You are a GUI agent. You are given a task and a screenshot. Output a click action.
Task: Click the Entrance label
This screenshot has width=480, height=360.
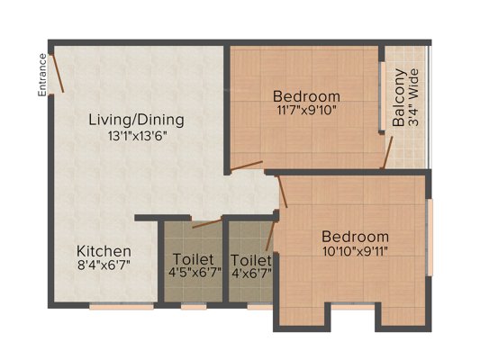tap(42, 76)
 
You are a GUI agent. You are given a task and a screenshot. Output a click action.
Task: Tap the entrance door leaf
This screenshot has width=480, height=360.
tap(57, 73)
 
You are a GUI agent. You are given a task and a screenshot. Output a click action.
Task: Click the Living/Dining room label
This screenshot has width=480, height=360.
tap(137, 120)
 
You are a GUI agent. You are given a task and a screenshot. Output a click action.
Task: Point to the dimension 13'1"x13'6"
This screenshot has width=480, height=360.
tap(137, 136)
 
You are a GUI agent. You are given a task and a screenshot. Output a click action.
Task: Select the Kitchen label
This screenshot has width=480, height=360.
tap(104, 251)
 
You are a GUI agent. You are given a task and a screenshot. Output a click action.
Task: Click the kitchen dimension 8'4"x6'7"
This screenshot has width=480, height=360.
tap(104, 265)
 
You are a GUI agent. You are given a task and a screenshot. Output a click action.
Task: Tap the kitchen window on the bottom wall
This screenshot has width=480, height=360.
tap(122, 306)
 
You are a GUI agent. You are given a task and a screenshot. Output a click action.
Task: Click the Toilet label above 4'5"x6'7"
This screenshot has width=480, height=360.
tap(194, 259)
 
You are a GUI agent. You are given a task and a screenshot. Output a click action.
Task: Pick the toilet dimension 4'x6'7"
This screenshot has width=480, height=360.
tap(251, 273)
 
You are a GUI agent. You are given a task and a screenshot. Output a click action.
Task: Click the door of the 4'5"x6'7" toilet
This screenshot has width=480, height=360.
tap(207, 223)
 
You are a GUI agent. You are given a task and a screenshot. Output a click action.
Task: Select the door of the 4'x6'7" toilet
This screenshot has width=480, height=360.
tap(269, 236)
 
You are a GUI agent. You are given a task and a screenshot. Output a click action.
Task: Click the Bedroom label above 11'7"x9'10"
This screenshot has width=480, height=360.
tap(306, 96)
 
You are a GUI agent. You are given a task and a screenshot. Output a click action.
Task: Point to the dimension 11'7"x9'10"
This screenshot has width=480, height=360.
tap(307, 110)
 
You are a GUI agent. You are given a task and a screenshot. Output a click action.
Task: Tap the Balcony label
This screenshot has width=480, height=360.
tap(399, 98)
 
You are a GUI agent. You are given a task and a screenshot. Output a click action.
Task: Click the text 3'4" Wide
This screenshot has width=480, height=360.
tap(413, 98)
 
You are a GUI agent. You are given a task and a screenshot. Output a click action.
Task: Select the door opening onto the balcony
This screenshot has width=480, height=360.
tap(388, 152)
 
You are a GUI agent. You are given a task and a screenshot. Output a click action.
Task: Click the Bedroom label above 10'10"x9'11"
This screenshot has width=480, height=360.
tap(355, 237)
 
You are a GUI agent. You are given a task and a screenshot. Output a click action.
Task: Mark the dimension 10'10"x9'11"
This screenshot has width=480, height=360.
tap(356, 252)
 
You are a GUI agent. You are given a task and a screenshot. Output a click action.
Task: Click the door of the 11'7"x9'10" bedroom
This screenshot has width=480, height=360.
tap(247, 166)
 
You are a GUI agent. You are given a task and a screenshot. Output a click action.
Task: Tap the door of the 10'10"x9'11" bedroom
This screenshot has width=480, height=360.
tap(283, 192)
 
